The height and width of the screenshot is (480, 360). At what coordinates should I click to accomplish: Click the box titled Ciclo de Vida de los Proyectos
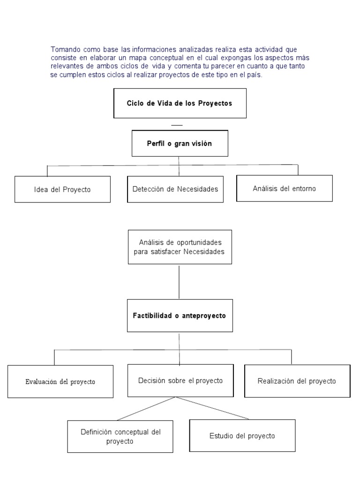180,103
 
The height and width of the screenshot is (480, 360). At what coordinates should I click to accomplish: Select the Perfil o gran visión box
180,143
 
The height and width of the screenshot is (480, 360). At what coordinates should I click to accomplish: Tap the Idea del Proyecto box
62,189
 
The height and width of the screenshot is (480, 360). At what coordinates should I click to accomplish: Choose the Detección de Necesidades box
175,189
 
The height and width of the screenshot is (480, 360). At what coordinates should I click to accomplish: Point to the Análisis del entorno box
284,188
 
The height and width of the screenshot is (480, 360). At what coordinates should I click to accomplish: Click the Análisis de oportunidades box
180,247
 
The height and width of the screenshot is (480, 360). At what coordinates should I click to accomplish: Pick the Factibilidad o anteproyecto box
180,315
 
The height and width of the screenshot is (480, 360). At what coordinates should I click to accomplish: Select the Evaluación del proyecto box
60,382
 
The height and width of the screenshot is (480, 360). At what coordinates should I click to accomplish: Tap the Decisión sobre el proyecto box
180,381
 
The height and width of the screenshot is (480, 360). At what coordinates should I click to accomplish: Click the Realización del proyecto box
297,381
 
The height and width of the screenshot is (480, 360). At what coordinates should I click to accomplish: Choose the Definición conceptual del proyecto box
120,436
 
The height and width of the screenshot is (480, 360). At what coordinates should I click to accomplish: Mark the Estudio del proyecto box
242,436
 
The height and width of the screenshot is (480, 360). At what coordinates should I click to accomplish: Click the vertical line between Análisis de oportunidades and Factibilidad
180,281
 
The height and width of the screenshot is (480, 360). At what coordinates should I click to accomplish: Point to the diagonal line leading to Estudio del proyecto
213,408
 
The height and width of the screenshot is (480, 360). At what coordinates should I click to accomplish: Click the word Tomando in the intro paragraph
66,49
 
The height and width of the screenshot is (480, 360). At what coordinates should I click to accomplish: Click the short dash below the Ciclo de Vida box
177,126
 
